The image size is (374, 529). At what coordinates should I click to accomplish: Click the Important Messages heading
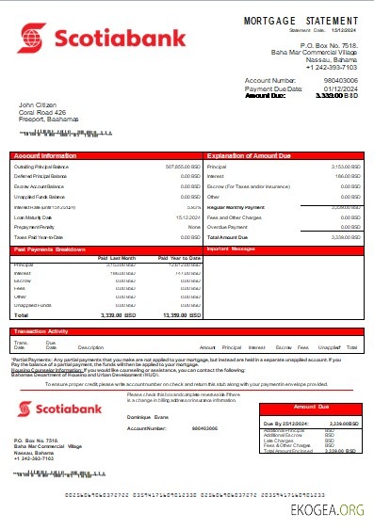(x=232, y=248)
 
